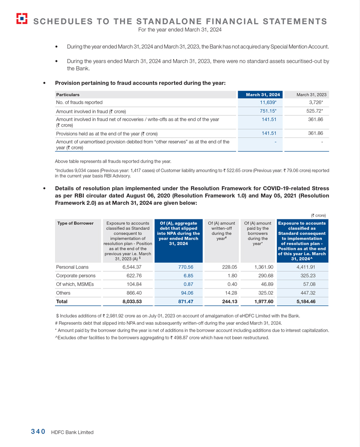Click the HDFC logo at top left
[21, 18]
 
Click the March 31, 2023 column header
[311, 94]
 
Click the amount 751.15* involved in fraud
[268, 111]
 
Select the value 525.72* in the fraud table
[315, 111]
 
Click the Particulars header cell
[68, 94]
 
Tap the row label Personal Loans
[72, 267]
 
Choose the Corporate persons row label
[75, 275]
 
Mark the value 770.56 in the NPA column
[185, 267]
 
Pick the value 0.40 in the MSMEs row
[225, 284]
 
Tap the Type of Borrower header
[75, 223]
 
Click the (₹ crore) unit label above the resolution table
[318, 215]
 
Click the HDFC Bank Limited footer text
[72, 432]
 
